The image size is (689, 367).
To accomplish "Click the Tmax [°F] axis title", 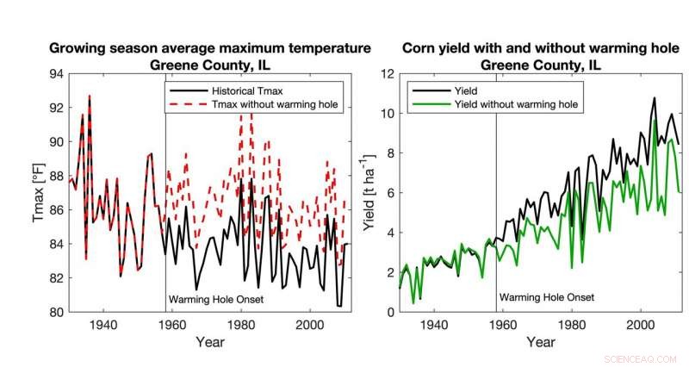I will click(39, 193).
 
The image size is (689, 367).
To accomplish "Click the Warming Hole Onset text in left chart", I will click(215, 300).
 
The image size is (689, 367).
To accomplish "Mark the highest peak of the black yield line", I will click(654, 98).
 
